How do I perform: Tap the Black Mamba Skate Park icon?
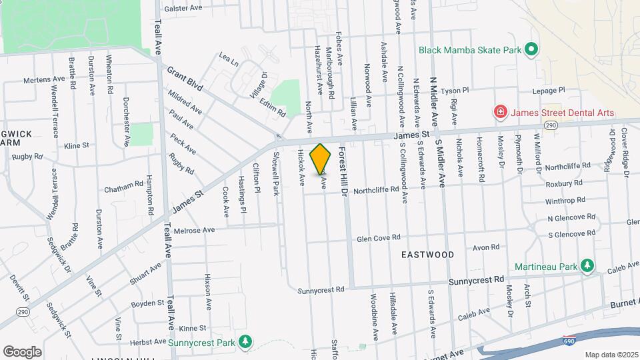(x=531, y=50)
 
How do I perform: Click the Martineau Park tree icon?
(x=587, y=267)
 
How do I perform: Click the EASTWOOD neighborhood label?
(x=427, y=255)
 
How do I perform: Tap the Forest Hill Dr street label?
(x=345, y=172)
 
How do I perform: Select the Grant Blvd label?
(x=184, y=79)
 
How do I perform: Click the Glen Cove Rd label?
(x=378, y=237)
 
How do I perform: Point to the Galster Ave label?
(x=183, y=8)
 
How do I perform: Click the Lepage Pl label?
(x=548, y=89)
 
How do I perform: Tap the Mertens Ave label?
(x=44, y=79)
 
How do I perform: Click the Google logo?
(x=22, y=351)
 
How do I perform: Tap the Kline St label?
(x=76, y=145)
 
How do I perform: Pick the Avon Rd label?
(x=481, y=247)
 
